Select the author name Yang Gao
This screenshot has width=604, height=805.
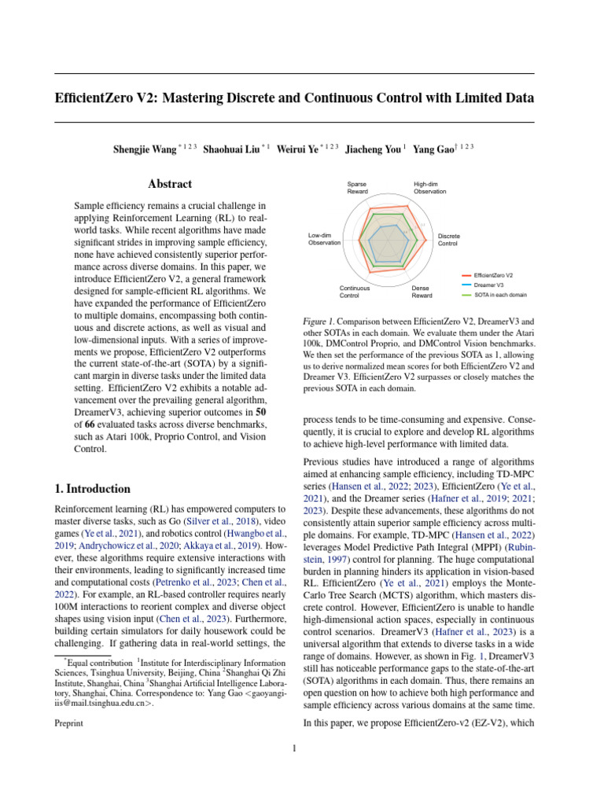[435, 149]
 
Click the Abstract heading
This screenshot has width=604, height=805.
[170, 184]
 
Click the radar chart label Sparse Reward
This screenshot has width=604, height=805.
[358, 188]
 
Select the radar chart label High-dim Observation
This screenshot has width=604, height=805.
[431, 188]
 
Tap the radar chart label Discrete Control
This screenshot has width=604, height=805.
[449, 240]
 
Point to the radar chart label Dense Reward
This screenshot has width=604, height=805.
[422, 292]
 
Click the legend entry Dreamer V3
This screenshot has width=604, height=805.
[488, 285]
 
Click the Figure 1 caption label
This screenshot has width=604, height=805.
[319, 322]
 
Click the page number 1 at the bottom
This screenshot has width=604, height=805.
[293, 748]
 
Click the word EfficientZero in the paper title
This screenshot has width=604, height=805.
[95, 98]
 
